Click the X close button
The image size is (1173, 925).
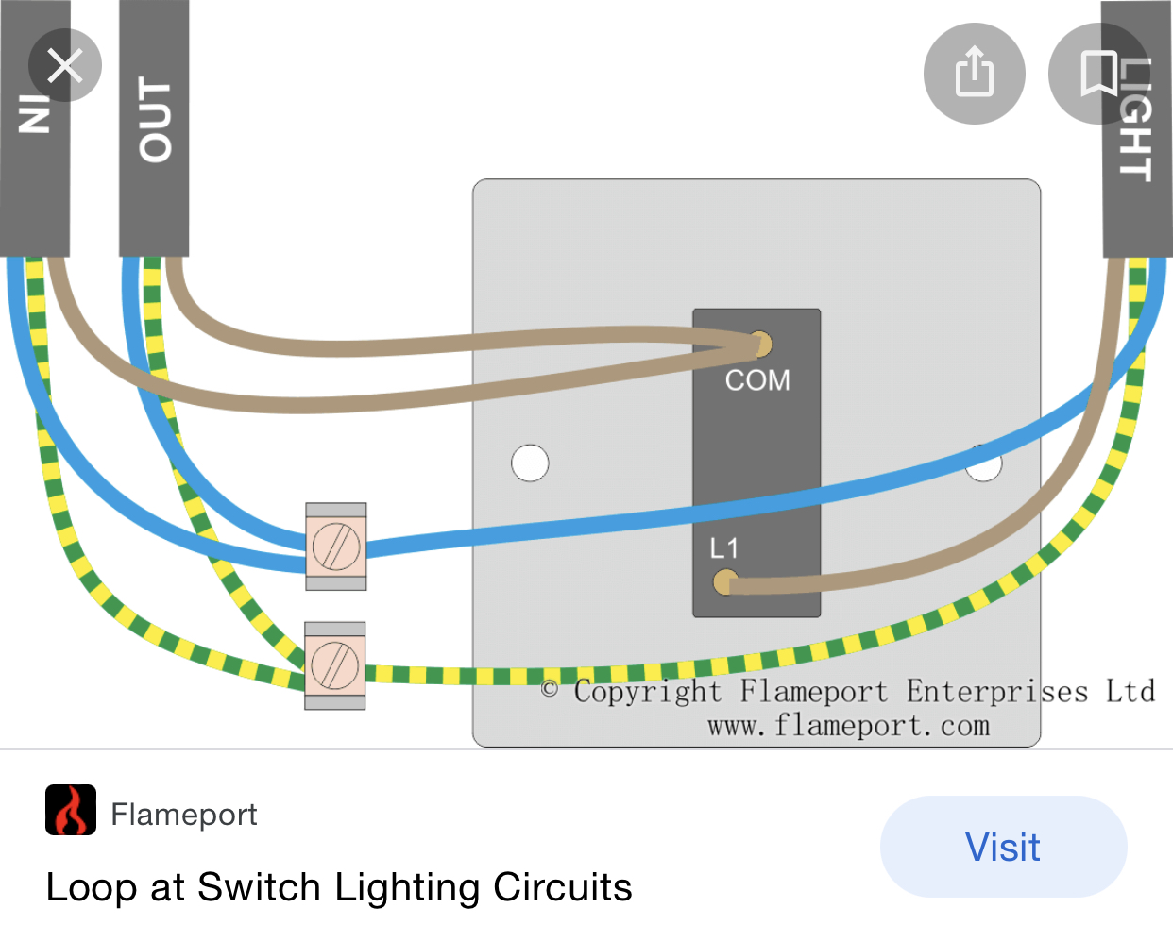click(x=64, y=66)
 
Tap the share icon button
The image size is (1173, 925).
click(x=974, y=73)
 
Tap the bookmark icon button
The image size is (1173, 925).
click(x=1098, y=73)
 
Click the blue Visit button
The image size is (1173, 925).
click(x=1003, y=847)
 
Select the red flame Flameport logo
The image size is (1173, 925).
click(x=71, y=810)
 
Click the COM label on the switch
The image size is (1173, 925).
click(x=757, y=380)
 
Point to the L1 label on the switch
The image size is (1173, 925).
click(x=724, y=548)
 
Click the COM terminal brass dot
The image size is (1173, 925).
click(x=759, y=343)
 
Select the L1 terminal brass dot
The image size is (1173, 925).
click(x=724, y=581)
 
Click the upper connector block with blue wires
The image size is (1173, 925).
click(x=335, y=547)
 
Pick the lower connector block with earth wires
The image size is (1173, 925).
click(x=335, y=664)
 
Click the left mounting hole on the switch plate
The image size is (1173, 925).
click(x=530, y=462)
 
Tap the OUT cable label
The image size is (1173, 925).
click(x=155, y=119)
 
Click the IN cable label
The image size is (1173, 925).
click(x=35, y=113)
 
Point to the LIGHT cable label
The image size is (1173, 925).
click(x=1136, y=118)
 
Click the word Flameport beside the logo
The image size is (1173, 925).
click(x=184, y=814)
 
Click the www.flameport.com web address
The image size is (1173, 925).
click(x=848, y=726)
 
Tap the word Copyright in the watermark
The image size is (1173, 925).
click(x=648, y=692)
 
